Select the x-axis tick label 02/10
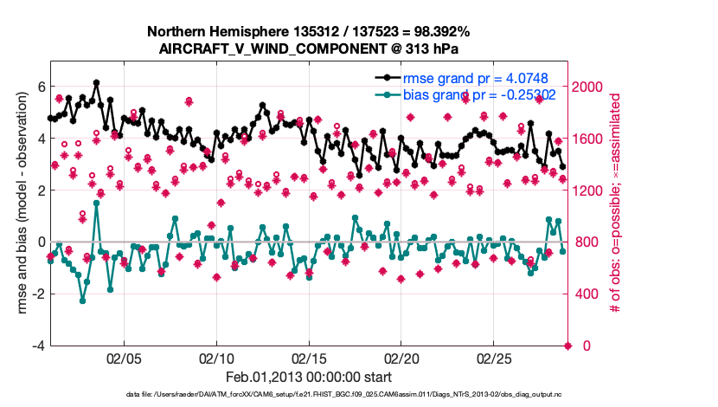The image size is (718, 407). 216,358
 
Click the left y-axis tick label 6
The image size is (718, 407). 41,87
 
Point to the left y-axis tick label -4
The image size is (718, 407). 38,346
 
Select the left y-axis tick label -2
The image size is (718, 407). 38,294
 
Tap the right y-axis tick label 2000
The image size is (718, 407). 591,87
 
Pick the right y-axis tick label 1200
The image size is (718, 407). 591,191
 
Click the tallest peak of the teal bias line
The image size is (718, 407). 96,203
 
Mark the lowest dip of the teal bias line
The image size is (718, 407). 83,300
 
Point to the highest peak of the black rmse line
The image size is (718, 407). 96,83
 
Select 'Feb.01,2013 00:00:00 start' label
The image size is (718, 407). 309,377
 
